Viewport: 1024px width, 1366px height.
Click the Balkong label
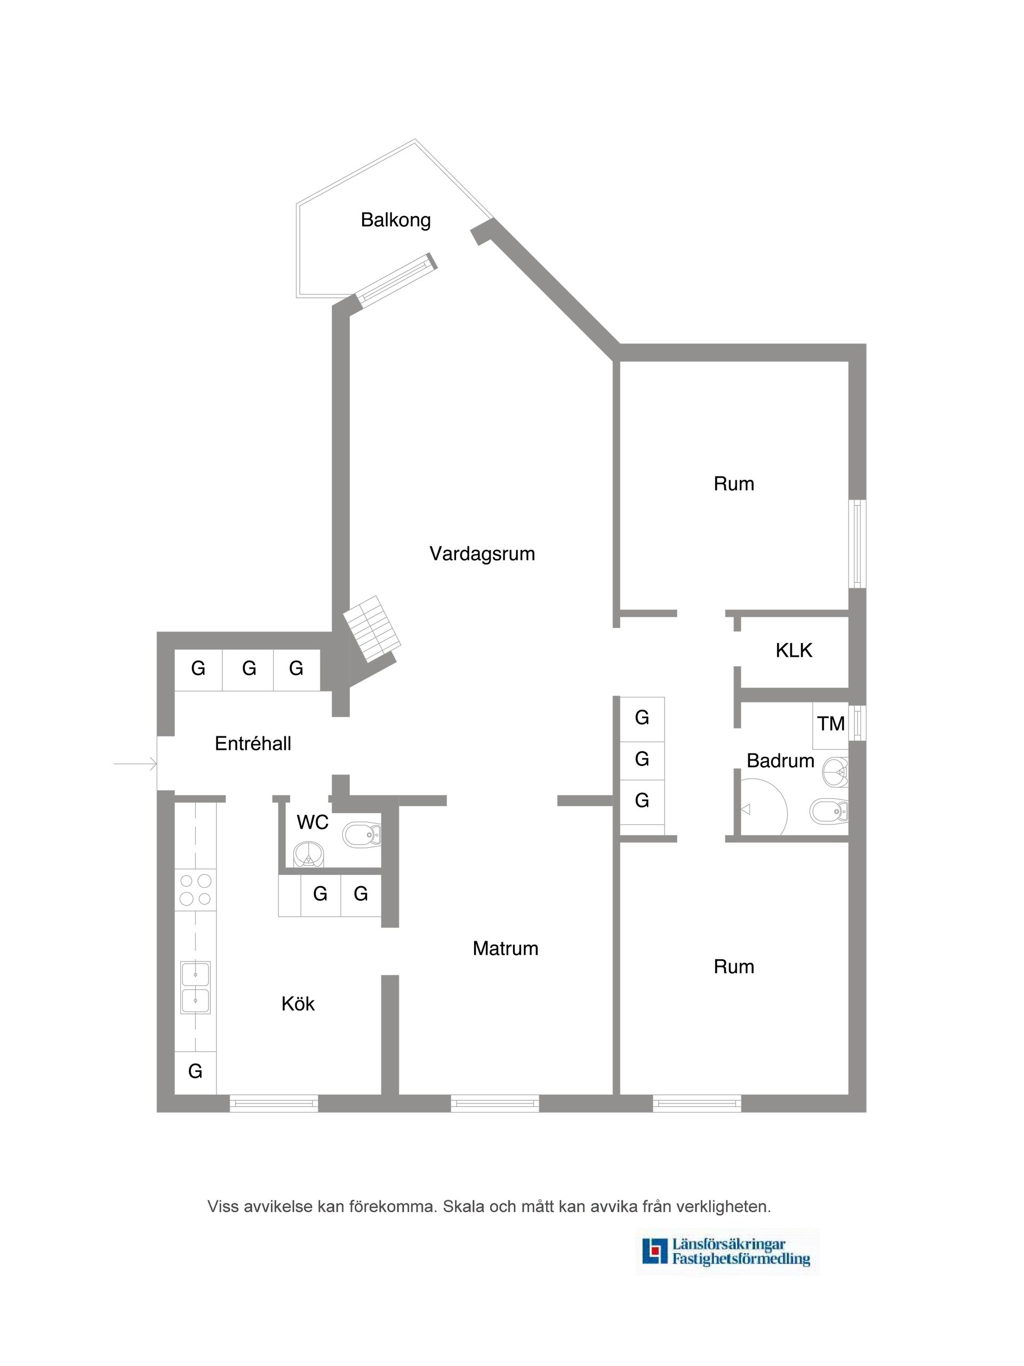(x=395, y=220)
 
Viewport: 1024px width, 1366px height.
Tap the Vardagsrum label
(x=482, y=553)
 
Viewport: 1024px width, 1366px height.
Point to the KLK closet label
(x=793, y=650)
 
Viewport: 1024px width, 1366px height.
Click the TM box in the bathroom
(x=830, y=723)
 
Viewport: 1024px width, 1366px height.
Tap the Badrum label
(x=780, y=760)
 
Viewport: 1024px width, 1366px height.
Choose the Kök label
(x=298, y=1004)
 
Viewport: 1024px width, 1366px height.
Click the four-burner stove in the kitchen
(x=195, y=890)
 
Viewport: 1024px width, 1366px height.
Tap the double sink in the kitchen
(x=195, y=987)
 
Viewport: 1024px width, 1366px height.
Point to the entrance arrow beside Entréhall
(x=136, y=765)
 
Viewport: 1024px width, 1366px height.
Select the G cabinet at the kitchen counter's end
(x=195, y=1071)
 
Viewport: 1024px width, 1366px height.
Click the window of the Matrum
(x=494, y=1103)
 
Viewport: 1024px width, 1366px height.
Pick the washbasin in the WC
(x=308, y=855)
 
